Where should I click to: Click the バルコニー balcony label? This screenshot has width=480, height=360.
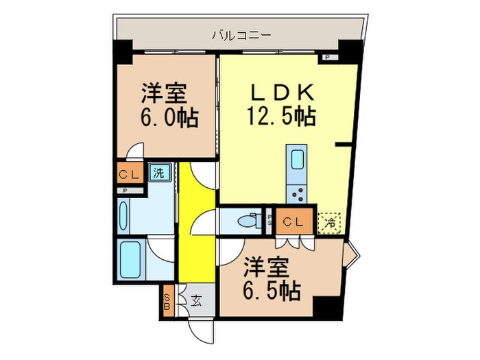coord(232,33)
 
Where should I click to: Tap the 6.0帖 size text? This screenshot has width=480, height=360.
coord(170,119)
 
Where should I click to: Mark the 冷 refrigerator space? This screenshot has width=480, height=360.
coord(330,222)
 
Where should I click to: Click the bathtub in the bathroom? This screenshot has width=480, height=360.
coord(130,259)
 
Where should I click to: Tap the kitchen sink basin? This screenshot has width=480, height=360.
coord(298,160)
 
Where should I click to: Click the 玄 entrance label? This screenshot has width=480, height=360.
coord(195,300)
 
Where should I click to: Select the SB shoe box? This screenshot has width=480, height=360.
coord(167,302)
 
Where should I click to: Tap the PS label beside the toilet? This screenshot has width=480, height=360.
coord(269,221)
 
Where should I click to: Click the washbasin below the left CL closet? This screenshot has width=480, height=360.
coord(123,216)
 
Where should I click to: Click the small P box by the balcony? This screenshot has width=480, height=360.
coord(327,58)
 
